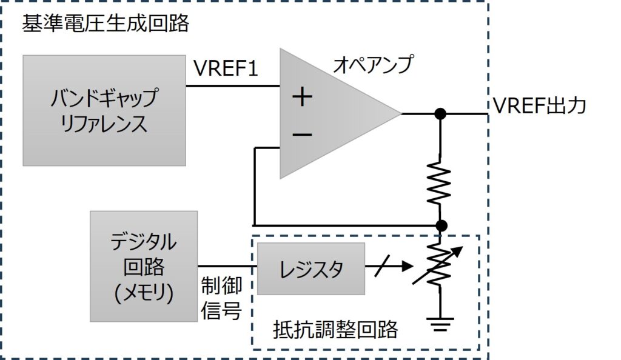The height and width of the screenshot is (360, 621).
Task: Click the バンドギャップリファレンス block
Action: [104, 110]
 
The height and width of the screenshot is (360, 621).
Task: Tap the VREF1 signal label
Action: [226, 68]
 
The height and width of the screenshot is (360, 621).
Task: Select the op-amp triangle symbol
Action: [327, 114]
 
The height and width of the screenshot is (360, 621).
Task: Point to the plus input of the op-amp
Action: [301, 97]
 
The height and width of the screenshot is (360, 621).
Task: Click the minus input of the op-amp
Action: [301, 133]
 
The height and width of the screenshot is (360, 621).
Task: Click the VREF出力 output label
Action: [539, 107]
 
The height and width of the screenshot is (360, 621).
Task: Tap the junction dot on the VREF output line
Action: [441, 113]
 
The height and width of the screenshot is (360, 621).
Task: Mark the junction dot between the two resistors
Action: [441, 225]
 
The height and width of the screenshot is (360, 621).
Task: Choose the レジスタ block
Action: [310, 268]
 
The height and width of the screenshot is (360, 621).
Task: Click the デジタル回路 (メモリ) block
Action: [143, 266]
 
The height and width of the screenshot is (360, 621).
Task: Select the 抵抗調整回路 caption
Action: [335, 330]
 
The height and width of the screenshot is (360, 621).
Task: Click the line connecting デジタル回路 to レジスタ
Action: [227, 266]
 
